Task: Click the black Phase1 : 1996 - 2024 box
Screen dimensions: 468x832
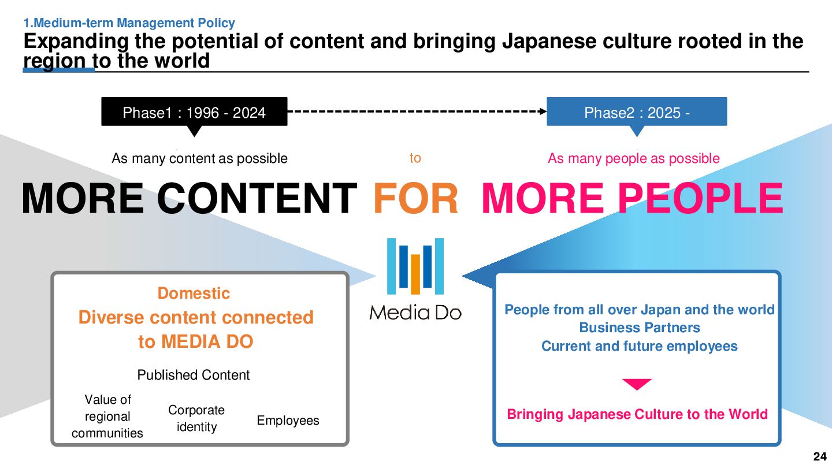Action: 194,112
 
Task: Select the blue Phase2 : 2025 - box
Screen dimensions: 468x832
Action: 637,112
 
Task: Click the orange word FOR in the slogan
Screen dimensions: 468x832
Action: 416,198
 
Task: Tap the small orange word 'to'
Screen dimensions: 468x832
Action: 415,158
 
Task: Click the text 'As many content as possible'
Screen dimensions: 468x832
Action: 199,158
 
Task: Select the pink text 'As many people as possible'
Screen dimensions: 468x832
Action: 634,158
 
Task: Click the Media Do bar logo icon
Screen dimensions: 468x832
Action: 415,266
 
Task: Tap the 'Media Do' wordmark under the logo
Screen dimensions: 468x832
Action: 415,313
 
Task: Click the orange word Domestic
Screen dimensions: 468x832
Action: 194,293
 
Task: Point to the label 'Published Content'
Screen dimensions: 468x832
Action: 194,375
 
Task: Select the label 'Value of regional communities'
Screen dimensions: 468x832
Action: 107,416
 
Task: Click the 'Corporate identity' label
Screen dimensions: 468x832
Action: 196,418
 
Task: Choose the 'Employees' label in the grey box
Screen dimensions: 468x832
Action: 288,421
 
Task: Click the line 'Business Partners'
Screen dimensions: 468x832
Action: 640,328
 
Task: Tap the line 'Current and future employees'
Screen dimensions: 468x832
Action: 640,346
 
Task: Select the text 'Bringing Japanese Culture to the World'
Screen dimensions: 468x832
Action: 637,414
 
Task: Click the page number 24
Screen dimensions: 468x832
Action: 819,456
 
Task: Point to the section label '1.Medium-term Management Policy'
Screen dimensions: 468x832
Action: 129,23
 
